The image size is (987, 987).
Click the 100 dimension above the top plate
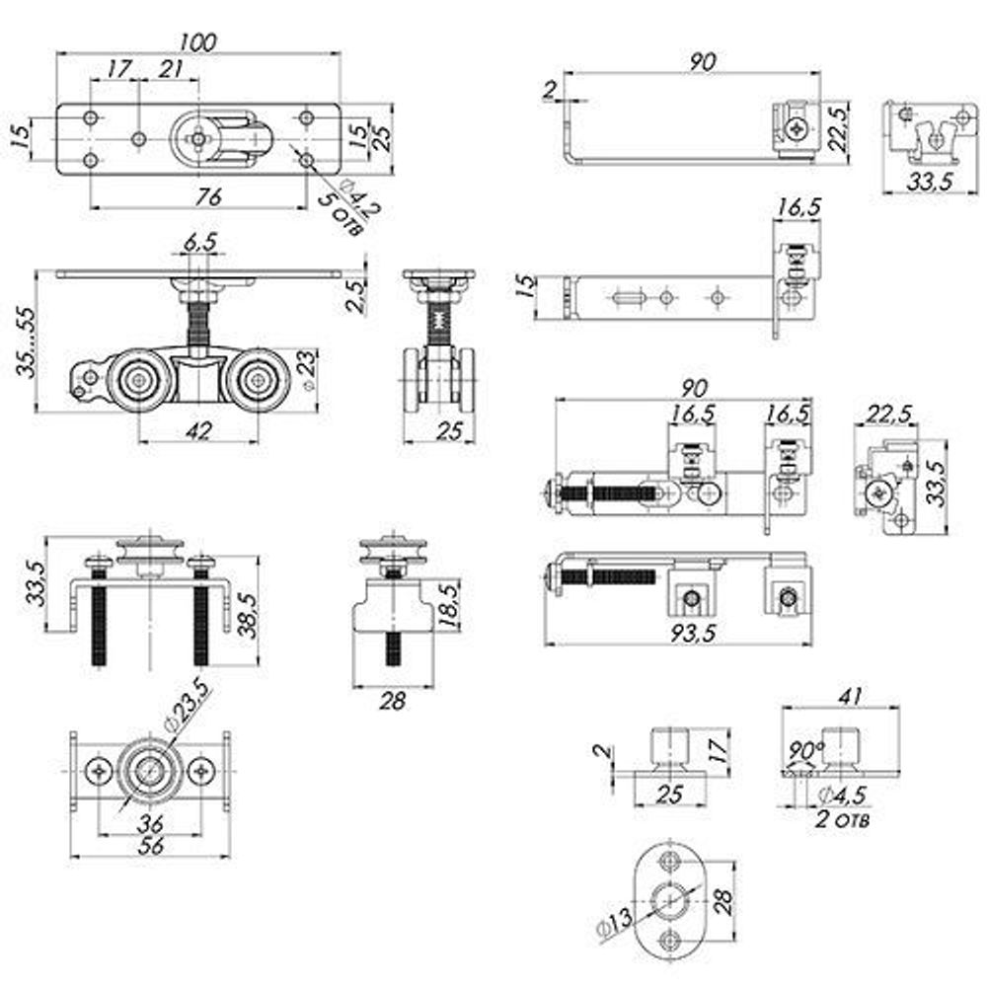(x=197, y=41)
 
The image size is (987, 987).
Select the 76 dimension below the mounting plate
(x=206, y=196)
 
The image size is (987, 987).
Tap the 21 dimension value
(x=171, y=69)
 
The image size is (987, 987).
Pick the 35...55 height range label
(x=21, y=342)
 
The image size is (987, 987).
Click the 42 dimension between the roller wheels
(x=199, y=429)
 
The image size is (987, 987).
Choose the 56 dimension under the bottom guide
(x=150, y=846)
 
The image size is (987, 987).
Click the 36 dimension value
(x=150, y=821)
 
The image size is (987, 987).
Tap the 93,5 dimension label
(x=676, y=635)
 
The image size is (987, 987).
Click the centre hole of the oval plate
(x=671, y=899)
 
